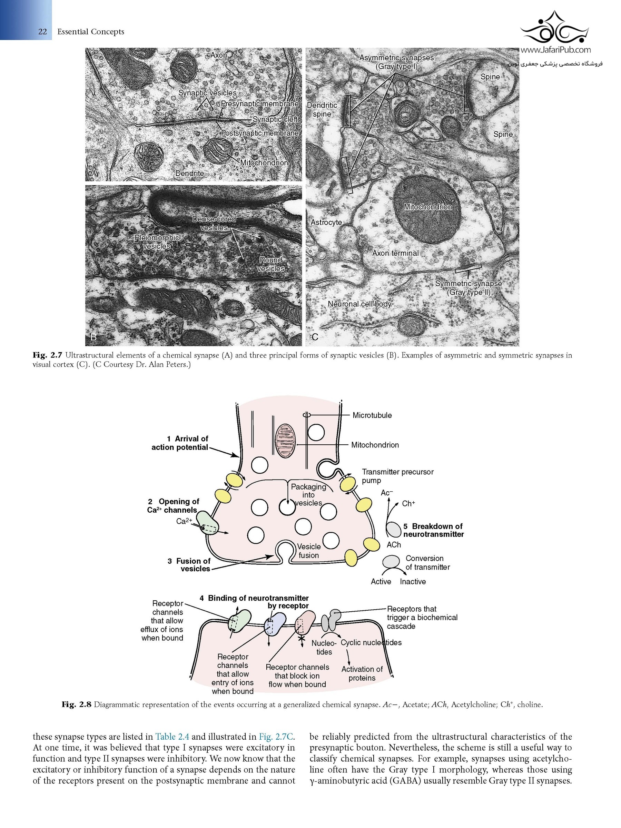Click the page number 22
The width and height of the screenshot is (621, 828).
(42, 31)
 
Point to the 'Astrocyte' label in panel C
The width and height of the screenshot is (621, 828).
(326, 222)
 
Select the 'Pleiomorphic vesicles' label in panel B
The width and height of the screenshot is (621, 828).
(157, 242)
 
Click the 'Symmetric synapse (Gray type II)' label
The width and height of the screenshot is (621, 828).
(468, 288)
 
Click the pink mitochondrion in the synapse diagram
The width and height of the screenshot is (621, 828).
(286, 441)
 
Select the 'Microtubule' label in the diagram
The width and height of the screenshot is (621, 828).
(372, 415)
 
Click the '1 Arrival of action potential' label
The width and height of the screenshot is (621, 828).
(180, 443)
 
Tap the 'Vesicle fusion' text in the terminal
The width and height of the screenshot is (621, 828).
(309, 551)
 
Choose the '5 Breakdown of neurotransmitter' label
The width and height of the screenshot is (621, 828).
(433, 530)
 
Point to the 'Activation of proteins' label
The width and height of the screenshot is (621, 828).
(362, 673)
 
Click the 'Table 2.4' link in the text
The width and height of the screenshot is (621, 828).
(172, 737)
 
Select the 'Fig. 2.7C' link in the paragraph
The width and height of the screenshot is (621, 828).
(276, 737)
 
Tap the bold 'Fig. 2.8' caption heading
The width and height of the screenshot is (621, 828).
(77, 704)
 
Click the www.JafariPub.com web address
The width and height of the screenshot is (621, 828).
(555, 49)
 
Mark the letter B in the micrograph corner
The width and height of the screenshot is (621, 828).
(93, 337)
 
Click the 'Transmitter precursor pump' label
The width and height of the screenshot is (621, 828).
(397, 476)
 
